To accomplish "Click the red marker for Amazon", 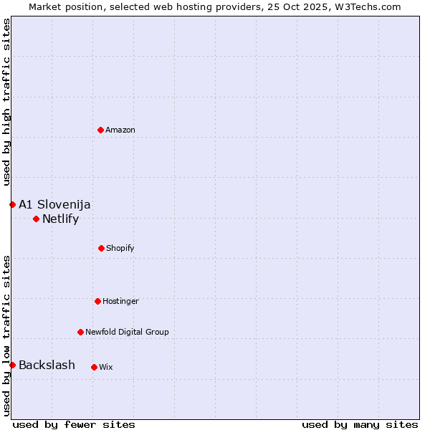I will tap(100, 130).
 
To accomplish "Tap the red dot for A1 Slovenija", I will tap(12, 204).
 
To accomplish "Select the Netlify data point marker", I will tap(36, 219).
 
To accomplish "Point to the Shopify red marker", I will tap(101, 248).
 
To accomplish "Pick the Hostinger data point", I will tap(97, 301).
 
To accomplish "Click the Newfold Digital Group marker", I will tap(80, 332).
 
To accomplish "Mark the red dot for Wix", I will tap(94, 367).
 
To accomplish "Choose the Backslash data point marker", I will tap(12, 365).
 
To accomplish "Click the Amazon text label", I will tap(120, 130).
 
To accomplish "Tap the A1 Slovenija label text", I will tap(54, 204).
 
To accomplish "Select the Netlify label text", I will tap(60, 219).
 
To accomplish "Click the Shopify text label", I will tap(120, 248).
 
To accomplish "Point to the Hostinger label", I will tap(120, 301).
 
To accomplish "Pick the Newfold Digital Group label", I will tap(127, 332).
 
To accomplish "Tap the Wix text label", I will tap(106, 367).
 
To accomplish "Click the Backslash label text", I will tap(47, 365).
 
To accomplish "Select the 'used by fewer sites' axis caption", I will tap(74, 424).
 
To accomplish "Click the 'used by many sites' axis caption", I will tap(360, 424).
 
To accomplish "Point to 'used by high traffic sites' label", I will tap(6, 102).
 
